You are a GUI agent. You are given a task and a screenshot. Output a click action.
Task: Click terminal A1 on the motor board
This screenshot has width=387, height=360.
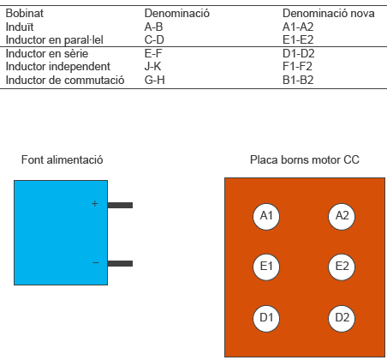266,217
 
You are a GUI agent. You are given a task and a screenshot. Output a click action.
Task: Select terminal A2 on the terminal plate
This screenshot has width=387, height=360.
342,217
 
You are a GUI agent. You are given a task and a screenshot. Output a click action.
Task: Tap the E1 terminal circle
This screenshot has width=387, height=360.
266,267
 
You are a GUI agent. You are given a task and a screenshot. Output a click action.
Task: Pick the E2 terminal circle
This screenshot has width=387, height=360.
342,267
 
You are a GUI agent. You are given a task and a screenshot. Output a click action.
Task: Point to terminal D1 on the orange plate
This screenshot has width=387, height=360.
266,318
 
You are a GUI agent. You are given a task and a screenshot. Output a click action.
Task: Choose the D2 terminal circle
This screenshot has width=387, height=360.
342,318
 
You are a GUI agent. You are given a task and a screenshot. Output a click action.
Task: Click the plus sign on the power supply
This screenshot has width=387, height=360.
95,204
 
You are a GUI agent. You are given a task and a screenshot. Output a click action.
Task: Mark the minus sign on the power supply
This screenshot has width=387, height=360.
96,262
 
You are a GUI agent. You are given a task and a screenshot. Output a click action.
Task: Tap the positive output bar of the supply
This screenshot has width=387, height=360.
120,205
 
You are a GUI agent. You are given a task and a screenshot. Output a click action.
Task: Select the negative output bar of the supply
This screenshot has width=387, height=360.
120,263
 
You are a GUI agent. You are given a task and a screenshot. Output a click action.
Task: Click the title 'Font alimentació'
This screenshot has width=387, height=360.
63,159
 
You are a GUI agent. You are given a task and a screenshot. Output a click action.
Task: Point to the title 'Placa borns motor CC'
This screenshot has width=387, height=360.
305,159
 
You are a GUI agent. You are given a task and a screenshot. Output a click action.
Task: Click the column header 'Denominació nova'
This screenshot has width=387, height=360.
329,14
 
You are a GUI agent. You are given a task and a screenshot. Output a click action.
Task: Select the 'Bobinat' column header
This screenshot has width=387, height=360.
25,14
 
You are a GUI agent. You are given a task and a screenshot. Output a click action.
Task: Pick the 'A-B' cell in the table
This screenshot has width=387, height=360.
153,27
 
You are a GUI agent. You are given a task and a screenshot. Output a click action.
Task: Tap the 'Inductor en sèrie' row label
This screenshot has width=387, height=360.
47,53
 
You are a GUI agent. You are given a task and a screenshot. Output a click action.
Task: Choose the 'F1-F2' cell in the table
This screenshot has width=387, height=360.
297,66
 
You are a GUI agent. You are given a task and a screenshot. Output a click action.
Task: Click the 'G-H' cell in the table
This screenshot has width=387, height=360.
155,80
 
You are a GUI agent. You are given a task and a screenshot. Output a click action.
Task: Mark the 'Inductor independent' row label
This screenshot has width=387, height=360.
58,67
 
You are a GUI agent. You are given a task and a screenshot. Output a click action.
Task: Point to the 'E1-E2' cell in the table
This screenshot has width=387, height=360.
298,39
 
